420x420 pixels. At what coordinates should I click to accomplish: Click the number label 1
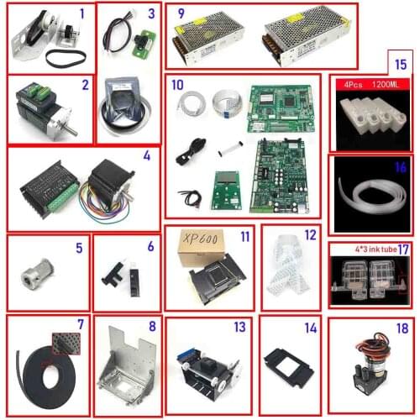point(81,13)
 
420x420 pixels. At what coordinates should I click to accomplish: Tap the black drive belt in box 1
point(57,61)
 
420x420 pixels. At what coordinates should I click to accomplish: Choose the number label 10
point(176,86)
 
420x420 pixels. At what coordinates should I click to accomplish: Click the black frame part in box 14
point(289,367)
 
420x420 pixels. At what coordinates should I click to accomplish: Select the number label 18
point(401,328)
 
